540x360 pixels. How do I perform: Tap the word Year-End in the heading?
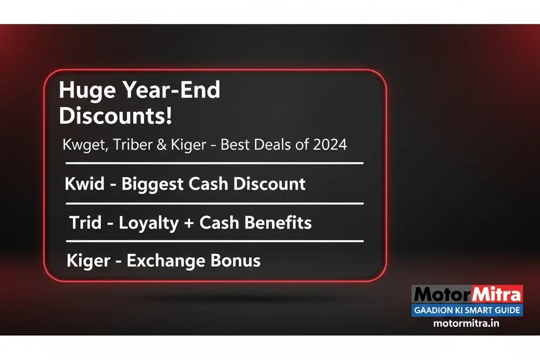pos(171,91)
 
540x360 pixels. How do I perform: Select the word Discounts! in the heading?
pos(115,116)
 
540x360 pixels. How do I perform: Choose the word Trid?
pos(85,222)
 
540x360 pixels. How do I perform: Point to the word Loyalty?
pos(149,223)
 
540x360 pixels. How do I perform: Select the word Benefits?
pos(278,222)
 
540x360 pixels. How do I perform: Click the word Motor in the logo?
pos(439,294)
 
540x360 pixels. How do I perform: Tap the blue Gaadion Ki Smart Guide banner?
pos(467,310)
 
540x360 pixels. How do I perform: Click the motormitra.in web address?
pos(466,323)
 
